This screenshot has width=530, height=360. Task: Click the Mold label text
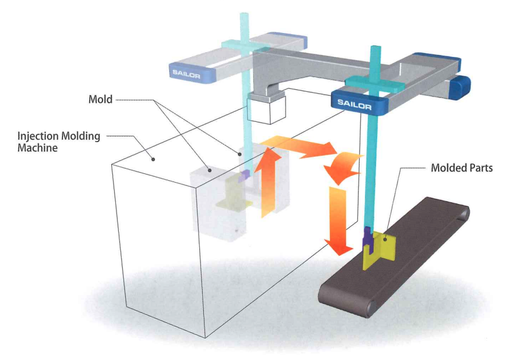pyautogui.click(x=100, y=100)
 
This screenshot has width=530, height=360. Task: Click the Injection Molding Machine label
pyautogui.click(x=59, y=141)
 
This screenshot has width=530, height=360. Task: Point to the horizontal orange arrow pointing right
pyautogui.click(x=295, y=146)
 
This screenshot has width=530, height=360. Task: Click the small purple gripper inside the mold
pyautogui.click(x=245, y=175)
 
